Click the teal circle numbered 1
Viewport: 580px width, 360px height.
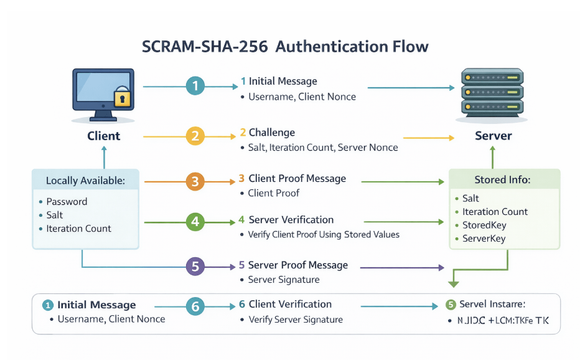[195, 87]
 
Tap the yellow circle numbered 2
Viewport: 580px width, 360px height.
[195, 136]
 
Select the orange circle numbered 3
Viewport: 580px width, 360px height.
[195, 182]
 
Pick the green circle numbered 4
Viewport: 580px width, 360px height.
[195, 222]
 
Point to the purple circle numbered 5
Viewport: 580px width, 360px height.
[195, 267]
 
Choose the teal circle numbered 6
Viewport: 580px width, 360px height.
[195, 306]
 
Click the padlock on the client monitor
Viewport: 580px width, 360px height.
[123, 97]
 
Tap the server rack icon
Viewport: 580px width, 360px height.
[493, 92]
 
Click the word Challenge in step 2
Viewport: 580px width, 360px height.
[272, 133]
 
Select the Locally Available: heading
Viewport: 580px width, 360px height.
[85, 181]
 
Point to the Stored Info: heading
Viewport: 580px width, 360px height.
[502, 180]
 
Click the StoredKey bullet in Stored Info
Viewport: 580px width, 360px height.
[484, 225]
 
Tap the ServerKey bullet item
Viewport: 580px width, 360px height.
[484, 239]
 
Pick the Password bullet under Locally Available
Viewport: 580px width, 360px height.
[67, 202]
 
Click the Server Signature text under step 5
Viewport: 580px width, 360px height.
[284, 280]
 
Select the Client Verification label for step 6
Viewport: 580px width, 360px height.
[290, 304]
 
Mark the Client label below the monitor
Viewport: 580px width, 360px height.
[103, 136]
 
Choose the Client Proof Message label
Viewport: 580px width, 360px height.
[297, 179]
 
